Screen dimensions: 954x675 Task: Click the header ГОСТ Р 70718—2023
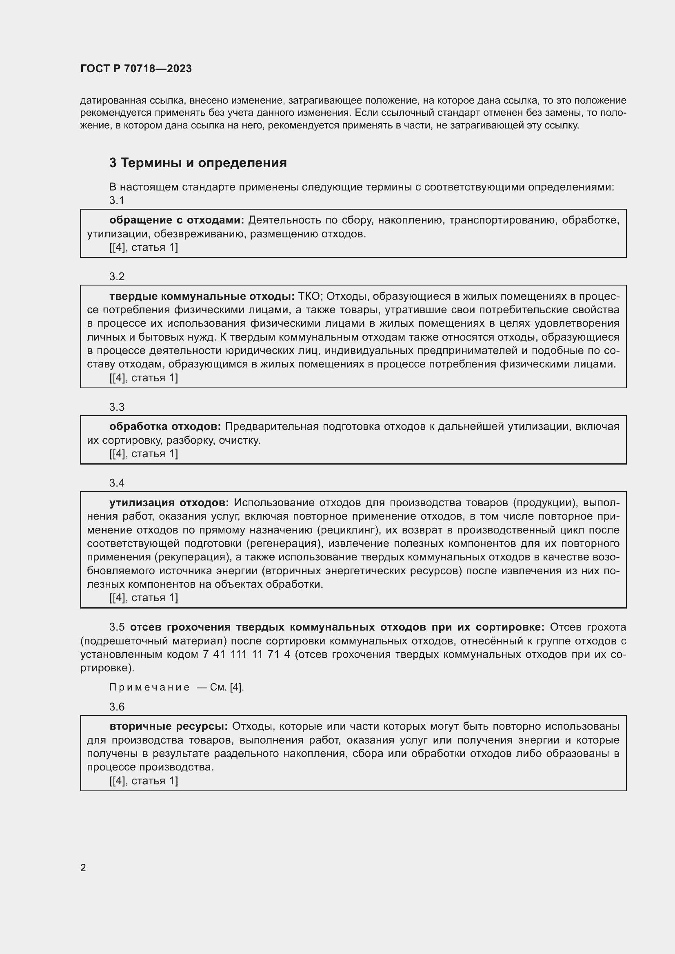[x=136, y=69]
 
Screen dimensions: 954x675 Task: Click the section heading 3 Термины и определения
[x=198, y=163]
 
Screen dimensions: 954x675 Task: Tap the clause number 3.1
[x=117, y=200]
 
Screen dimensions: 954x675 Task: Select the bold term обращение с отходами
[x=176, y=220]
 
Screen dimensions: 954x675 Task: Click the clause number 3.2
[x=117, y=277]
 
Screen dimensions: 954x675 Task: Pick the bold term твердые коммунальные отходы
[x=202, y=296]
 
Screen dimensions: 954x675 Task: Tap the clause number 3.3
[x=117, y=407]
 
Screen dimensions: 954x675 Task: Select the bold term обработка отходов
[x=165, y=426]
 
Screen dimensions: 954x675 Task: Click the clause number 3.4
[x=117, y=483]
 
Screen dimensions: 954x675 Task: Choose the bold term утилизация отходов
[x=169, y=503]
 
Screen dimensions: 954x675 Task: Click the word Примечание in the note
[x=150, y=687]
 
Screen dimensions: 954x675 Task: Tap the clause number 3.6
[x=117, y=707]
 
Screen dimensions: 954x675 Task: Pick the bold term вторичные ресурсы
[x=168, y=726]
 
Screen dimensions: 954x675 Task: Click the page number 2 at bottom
[x=83, y=868]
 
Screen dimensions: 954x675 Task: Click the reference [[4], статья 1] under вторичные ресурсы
[x=143, y=781]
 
